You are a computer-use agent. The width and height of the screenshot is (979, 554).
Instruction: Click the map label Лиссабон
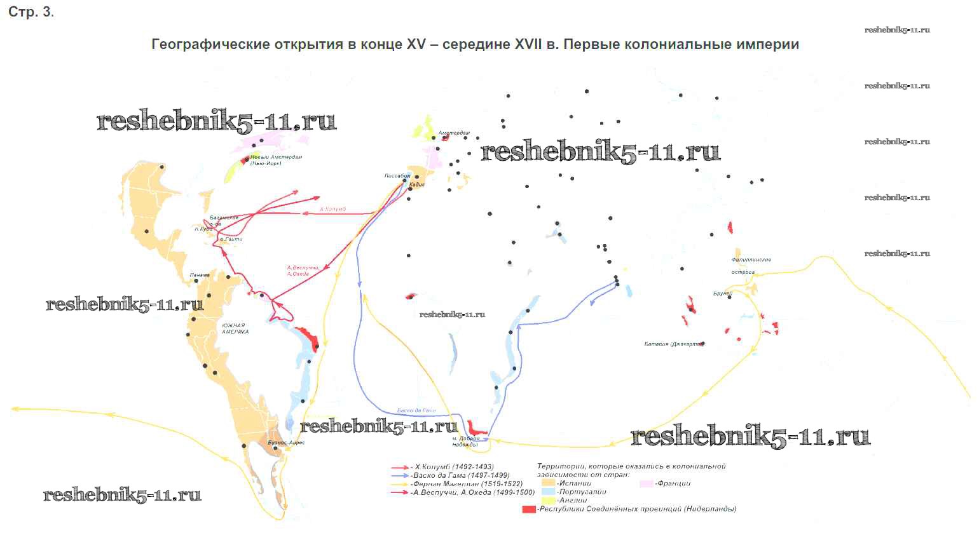tap(397, 176)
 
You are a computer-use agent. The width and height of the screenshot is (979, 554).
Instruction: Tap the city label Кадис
tap(417, 184)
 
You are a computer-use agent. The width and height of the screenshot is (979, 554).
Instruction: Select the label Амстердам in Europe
tap(454, 133)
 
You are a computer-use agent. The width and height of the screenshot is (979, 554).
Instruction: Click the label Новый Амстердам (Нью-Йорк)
tap(276, 160)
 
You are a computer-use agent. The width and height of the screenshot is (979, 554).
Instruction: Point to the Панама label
tap(200, 275)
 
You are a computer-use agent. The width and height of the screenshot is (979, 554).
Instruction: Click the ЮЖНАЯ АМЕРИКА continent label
tap(235, 328)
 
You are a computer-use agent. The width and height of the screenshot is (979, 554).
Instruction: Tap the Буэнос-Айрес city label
tap(286, 442)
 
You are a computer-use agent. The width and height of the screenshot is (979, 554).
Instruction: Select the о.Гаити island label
tap(231, 239)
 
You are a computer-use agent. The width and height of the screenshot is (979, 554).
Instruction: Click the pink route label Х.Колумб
tap(332, 209)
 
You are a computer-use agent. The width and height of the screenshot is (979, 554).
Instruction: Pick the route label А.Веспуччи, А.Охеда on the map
tap(303, 271)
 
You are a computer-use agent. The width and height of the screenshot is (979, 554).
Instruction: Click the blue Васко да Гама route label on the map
tap(416, 410)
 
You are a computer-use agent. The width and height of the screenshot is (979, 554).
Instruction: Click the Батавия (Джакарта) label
tap(673, 344)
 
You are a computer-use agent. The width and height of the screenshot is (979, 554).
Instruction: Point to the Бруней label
tap(723, 294)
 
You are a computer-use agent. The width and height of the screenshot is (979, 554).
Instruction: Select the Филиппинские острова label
tap(751, 266)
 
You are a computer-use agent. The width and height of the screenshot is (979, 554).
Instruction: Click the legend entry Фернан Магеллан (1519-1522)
tap(467, 483)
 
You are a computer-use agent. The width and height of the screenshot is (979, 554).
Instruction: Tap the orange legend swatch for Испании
tap(547, 483)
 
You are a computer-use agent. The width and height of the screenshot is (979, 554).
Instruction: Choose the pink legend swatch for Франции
tap(646, 483)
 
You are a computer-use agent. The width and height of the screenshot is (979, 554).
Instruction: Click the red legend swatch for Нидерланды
tap(528, 510)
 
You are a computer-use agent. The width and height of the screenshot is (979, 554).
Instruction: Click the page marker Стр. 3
tap(31, 12)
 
